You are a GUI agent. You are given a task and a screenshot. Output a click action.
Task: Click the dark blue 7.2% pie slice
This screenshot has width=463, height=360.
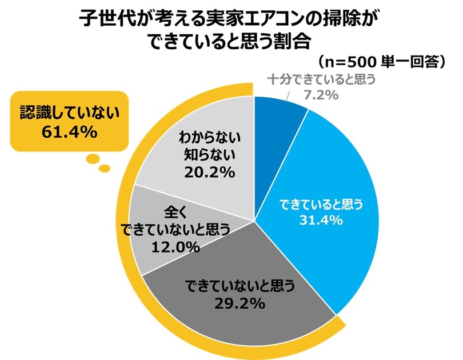278,117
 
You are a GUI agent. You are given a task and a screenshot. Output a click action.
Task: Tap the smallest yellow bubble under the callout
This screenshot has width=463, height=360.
103,168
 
